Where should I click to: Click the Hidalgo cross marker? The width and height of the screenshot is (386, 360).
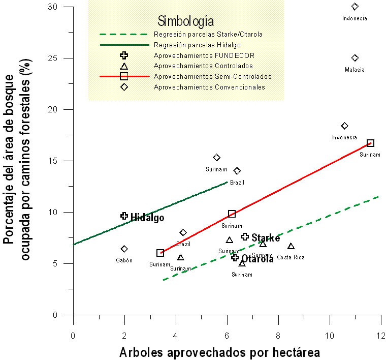(x=124, y=216)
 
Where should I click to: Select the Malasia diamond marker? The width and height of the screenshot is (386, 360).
(x=355, y=58)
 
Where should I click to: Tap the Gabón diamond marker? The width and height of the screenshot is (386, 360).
(x=124, y=249)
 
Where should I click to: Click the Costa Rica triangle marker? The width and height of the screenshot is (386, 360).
(x=291, y=247)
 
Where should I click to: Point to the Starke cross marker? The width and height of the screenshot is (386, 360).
(x=245, y=236)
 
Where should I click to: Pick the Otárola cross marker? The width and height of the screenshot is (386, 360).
(x=235, y=257)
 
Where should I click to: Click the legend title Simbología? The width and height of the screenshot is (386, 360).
(x=185, y=21)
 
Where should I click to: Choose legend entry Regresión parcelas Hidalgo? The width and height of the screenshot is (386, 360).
(x=198, y=45)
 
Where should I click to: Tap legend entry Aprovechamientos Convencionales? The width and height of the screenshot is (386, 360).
(x=209, y=87)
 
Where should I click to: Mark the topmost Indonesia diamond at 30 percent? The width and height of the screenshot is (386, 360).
(x=355, y=7)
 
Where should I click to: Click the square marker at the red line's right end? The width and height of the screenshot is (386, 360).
(x=370, y=143)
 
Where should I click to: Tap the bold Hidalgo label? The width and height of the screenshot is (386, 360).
(x=147, y=218)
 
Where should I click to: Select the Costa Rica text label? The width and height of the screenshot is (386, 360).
(x=291, y=257)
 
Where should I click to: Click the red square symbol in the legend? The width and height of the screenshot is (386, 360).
(x=123, y=76)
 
